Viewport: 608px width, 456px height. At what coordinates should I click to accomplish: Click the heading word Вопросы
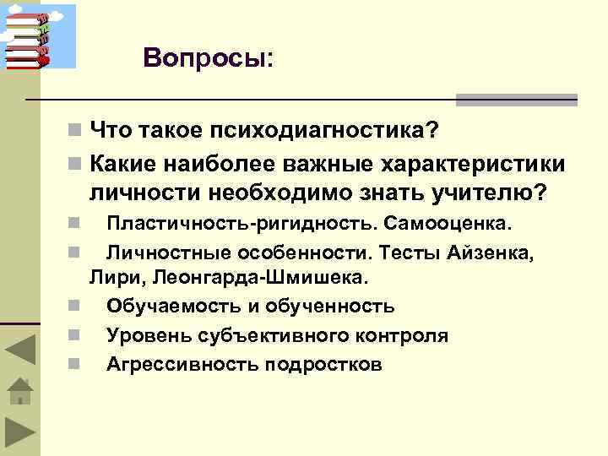[204, 57]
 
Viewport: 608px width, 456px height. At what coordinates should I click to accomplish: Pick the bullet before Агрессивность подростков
[74, 365]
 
